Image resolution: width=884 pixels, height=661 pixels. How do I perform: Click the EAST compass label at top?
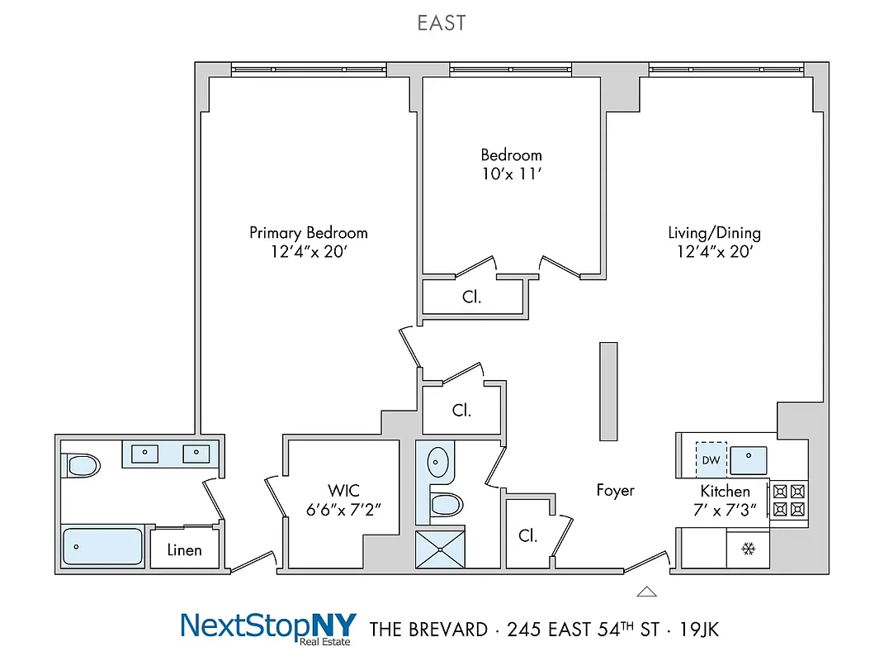click(442, 23)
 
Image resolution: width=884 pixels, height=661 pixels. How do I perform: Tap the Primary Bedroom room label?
click(308, 233)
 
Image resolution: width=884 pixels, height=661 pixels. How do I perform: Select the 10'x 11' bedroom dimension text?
click(511, 174)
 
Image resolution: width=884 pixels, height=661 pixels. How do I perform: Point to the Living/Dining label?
click(714, 233)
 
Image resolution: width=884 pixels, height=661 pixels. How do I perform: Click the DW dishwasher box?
click(710, 460)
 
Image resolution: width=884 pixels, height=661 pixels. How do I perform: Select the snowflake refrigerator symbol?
click(749, 549)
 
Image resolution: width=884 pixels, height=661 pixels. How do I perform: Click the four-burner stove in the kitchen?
click(787, 500)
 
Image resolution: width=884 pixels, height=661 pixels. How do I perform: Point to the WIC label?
click(343, 491)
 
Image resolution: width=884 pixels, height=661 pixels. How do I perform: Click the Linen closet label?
click(184, 549)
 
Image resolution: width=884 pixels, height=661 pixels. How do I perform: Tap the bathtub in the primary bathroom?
click(103, 546)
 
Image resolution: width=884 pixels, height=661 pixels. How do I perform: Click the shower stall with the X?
click(439, 549)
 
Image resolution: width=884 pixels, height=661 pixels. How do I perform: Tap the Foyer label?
click(616, 491)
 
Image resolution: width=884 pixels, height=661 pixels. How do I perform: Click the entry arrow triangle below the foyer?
click(647, 591)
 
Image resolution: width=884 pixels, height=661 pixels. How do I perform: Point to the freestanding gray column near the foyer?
click(608, 392)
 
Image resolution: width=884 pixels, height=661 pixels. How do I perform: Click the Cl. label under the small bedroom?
click(471, 297)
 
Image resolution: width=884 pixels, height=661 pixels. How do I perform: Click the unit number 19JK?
click(698, 630)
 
